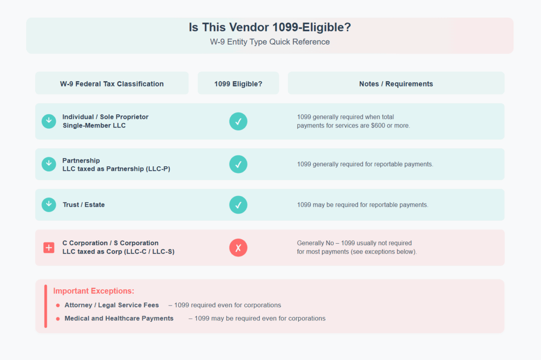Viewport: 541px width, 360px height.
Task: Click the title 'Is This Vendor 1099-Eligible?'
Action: click(x=270, y=27)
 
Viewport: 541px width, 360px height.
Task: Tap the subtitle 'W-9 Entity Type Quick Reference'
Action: click(x=270, y=42)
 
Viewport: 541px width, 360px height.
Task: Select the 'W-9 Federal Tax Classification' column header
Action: click(x=112, y=84)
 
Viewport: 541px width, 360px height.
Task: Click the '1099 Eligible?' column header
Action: click(x=238, y=84)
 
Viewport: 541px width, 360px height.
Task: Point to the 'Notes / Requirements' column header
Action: click(x=396, y=84)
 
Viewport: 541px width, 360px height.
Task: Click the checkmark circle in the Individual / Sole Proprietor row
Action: click(x=238, y=121)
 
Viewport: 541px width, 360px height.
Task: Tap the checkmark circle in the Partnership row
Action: click(x=238, y=164)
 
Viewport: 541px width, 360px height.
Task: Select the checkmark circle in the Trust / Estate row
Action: click(x=238, y=205)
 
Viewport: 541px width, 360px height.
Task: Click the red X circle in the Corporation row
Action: click(x=238, y=247)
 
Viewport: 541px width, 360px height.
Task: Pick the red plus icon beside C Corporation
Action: click(x=49, y=247)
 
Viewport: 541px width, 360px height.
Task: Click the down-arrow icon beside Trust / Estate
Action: click(x=49, y=205)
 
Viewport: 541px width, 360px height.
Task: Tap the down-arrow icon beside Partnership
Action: click(x=49, y=164)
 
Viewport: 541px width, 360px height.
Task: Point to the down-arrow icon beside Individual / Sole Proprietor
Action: click(x=49, y=121)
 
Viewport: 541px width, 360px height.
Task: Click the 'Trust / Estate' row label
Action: click(x=84, y=205)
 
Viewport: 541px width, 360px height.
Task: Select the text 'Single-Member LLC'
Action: click(x=94, y=126)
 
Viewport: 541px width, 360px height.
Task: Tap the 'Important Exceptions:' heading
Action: click(x=94, y=291)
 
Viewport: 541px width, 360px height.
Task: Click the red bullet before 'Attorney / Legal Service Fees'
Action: click(x=58, y=305)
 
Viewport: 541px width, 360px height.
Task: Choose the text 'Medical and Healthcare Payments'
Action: click(x=119, y=319)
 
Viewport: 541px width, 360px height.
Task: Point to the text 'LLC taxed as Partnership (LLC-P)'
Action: click(x=116, y=169)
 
